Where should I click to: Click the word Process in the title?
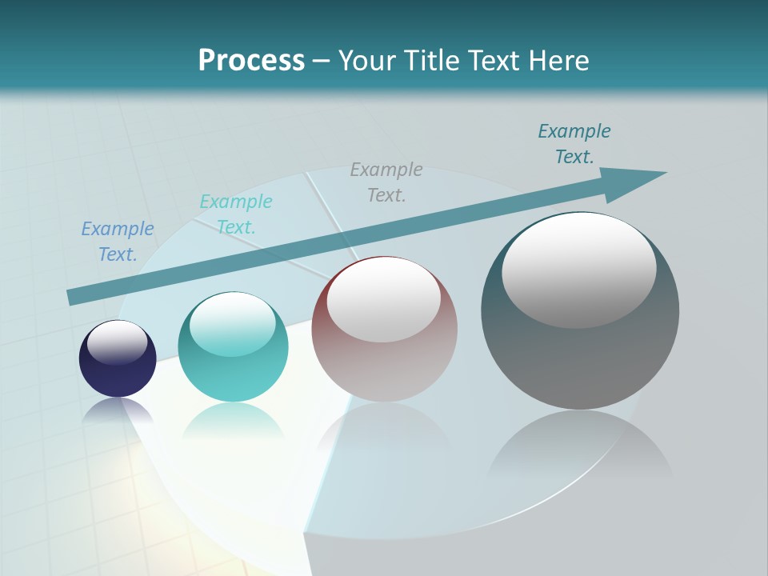[251, 61]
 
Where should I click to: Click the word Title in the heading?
[430, 61]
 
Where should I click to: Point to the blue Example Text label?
[118, 242]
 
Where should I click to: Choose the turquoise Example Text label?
[236, 214]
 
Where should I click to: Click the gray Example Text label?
[386, 182]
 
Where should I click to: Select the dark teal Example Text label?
[574, 144]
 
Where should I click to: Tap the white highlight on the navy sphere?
[118, 342]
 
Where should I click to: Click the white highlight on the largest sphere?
[578, 270]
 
